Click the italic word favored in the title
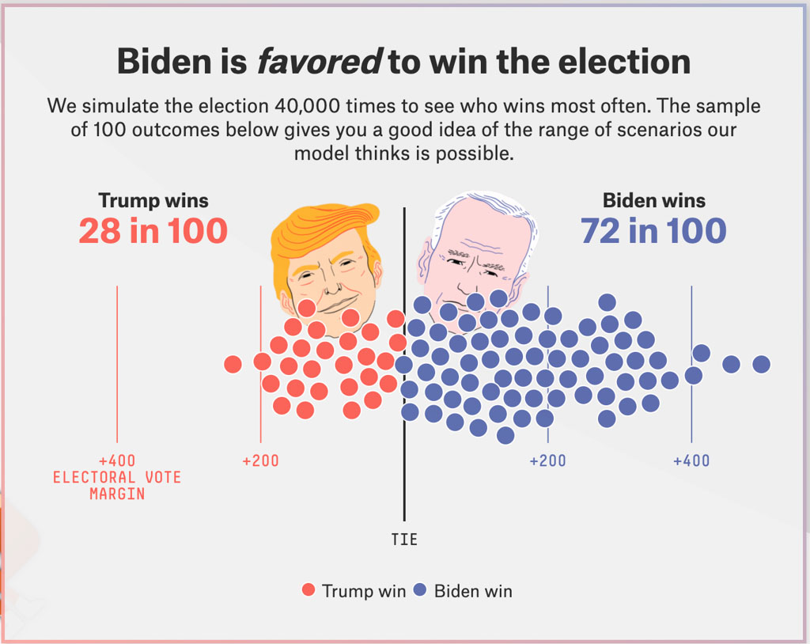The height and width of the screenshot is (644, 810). tap(319, 61)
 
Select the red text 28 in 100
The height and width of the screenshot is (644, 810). tap(153, 231)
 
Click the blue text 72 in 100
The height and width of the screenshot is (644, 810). tap(653, 231)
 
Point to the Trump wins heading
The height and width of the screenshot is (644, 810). tap(153, 200)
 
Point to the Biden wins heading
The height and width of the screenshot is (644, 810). tap(654, 200)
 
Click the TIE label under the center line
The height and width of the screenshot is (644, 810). tap(404, 540)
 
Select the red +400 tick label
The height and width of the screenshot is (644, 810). tap(117, 460)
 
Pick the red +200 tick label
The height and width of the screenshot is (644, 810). tap(260, 460)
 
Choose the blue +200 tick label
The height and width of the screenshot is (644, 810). tap(547, 460)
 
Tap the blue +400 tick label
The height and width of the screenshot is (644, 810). tap(691, 460)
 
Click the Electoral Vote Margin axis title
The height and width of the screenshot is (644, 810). tap(117, 485)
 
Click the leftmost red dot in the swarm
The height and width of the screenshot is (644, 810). tap(233, 364)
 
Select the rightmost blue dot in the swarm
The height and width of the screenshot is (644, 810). tap(761, 364)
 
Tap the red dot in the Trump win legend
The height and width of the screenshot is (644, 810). tap(308, 590)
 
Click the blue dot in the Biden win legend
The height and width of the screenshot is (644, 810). tap(421, 590)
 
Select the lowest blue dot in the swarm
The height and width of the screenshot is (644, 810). tap(505, 435)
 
